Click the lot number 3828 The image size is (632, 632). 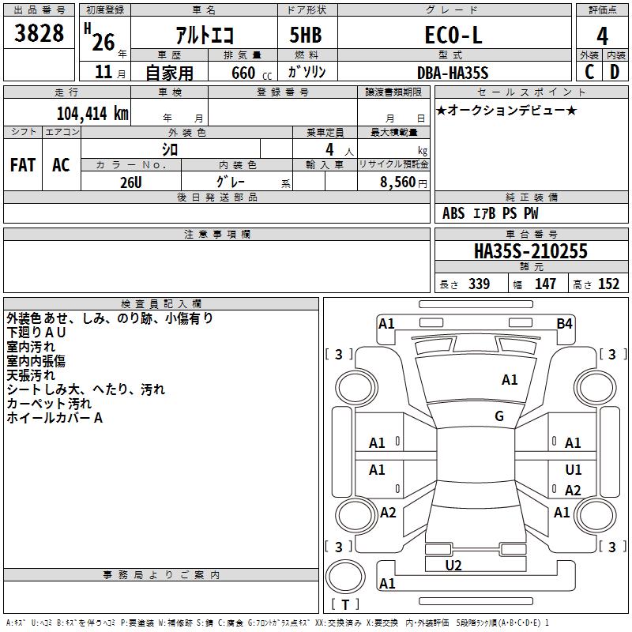(39, 33)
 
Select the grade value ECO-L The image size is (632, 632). (453, 35)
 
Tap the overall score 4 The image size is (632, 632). (602, 36)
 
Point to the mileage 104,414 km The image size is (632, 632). (92, 114)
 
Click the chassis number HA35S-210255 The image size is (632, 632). (531, 251)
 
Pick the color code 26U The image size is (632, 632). (131, 182)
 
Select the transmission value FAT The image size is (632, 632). (23, 165)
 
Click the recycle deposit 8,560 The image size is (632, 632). (398, 182)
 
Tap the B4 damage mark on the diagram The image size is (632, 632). (564, 324)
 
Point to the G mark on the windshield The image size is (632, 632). (499, 416)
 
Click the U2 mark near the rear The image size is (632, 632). (453, 565)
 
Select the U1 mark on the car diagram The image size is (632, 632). (574, 469)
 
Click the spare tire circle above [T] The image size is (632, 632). (345, 577)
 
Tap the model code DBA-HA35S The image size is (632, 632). (453, 73)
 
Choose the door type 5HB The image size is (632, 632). (306, 35)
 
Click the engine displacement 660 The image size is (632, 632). (243, 73)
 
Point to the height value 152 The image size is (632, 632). (608, 284)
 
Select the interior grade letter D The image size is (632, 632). (615, 72)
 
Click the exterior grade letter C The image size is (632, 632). (589, 72)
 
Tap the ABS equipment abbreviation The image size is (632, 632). (453, 213)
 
